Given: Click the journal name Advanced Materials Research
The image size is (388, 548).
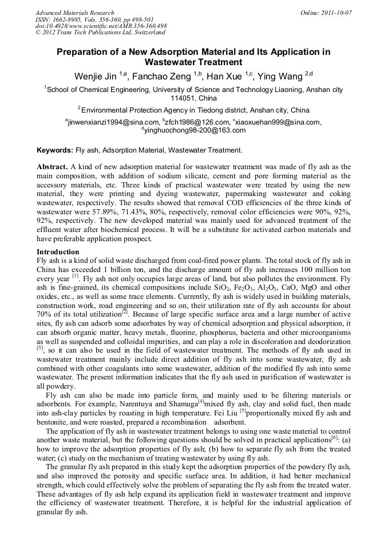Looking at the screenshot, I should point(74,13).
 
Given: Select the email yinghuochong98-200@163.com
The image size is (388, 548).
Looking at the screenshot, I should point(195,130).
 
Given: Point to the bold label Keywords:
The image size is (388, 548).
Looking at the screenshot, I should point(55,150).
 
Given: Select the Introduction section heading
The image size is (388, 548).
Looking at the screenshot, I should point(58,252).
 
